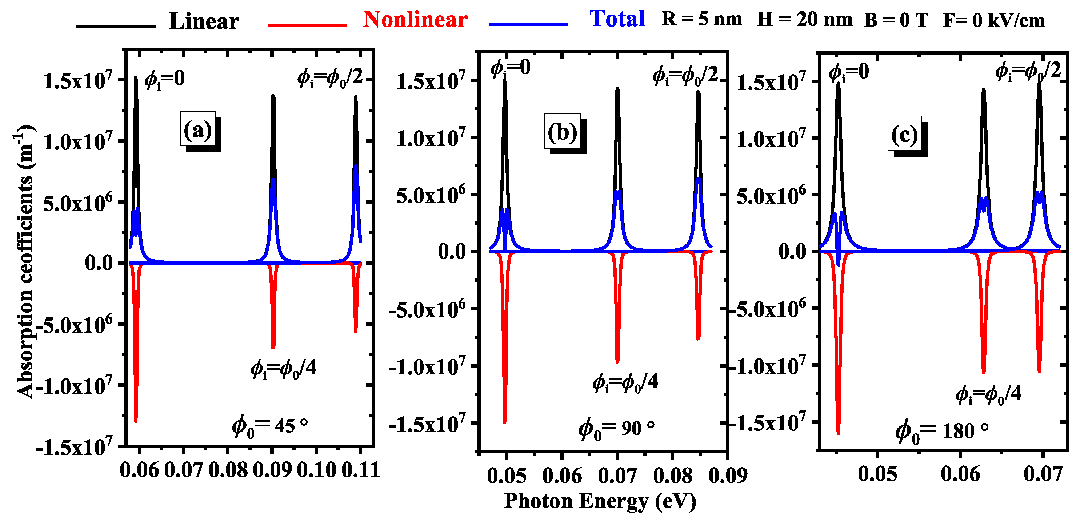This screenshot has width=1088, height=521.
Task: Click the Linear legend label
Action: pos(204,21)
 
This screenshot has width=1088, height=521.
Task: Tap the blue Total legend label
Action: pos(617,19)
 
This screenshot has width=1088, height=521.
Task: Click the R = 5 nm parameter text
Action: pos(701,19)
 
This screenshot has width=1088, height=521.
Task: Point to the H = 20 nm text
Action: pos(804,19)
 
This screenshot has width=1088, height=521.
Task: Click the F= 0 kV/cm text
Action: pos(994,20)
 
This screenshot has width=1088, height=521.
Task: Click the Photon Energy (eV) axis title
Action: pos(600,501)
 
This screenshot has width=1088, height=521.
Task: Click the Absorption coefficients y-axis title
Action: pos(24,262)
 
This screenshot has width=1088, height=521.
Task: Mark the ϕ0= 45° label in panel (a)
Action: pos(269,426)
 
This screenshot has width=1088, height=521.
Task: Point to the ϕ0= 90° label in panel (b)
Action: pos(616,428)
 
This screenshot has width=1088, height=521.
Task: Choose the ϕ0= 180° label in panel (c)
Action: pos(941,431)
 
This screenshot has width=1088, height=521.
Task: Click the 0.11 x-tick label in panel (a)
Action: pos(360,470)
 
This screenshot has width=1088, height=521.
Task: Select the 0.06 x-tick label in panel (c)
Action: pos(960,473)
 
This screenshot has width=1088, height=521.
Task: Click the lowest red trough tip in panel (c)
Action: pos(839,433)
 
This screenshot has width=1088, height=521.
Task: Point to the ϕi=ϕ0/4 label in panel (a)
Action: pos(283,369)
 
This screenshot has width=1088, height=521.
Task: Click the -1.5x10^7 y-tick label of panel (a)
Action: pos(74,447)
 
